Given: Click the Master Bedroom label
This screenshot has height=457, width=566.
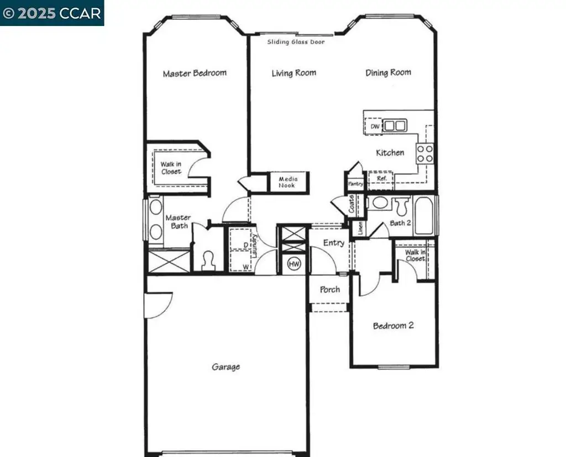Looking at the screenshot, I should (x=195, y=73).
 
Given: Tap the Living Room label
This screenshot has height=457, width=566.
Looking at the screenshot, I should (x=294, y=73).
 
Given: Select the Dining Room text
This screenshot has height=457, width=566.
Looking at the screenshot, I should (x=388, y=72).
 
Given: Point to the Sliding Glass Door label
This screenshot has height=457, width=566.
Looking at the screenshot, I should (x=296, y=42).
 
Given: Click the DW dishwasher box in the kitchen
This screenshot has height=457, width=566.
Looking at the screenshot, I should (x=375, y=126).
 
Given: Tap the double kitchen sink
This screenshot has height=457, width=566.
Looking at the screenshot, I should (x=395, y=125).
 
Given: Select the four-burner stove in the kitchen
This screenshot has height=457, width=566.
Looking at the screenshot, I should (x=425, y=153).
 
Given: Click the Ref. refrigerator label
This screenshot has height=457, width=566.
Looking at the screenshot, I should (x=382, y=179).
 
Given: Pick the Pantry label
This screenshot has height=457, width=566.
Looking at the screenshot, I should (x=355, y=184).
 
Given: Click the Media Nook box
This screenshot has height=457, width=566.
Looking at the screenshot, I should (x=287, y=182).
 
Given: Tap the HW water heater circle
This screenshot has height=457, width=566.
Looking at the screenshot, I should (x=294, y=265).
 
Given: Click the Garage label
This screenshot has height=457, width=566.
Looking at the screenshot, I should (x=226, y=366).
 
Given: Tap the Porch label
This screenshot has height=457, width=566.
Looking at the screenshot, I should (x=330, y=290).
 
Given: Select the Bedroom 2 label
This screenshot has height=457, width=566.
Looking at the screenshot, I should (x=393, y=326).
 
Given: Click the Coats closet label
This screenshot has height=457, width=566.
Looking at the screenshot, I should (x=352, y=204).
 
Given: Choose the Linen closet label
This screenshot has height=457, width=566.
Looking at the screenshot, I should (x=360, y=227).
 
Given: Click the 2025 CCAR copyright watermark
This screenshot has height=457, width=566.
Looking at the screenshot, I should (x=52, y=13).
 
